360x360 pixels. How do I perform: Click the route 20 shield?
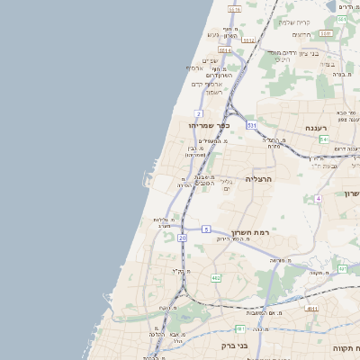point(182,238)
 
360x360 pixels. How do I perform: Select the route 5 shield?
point(206,229)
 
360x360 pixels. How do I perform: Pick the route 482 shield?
point(216,278)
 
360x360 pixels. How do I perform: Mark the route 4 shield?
point(318,198)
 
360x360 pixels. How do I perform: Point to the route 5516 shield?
point(234,9)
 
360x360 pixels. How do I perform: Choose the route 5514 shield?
point(224,50)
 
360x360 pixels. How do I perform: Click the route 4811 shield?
point(311,309)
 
